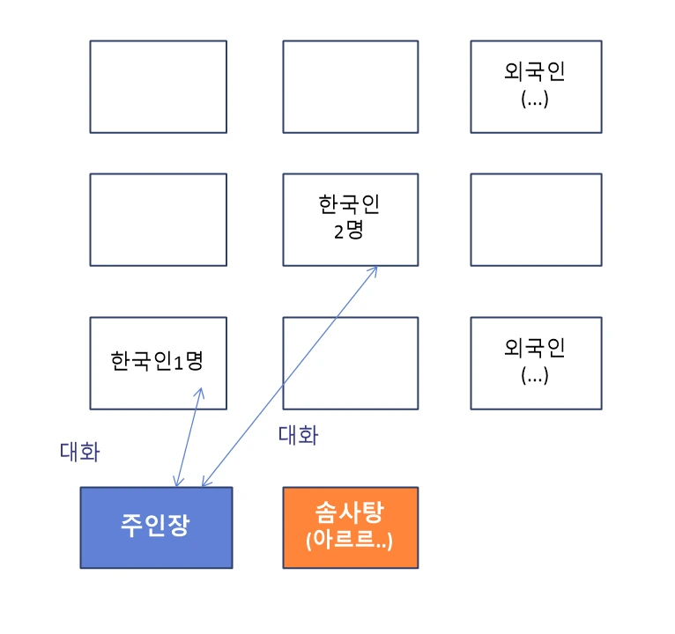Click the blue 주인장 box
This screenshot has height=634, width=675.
pos(156,527)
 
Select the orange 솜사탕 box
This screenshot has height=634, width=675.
pos(350,527)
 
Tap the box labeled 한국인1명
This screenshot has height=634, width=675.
pos(158,363)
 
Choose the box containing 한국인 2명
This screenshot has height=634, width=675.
pos(350,219)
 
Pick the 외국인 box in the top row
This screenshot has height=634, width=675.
pos(536,85)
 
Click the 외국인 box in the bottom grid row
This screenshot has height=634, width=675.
pos(536,363)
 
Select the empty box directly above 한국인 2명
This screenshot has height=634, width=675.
pos(350,85)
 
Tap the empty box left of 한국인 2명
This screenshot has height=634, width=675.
pos(158,219)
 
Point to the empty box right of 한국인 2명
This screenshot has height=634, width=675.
pos(536,219)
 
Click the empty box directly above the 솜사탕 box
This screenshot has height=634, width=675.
pos(350,363)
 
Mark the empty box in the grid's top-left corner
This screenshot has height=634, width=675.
pos(158,85)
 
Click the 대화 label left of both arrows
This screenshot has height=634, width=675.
pos(79,453)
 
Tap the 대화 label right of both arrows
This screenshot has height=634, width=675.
pos(298,435)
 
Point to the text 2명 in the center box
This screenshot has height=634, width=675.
pos(350,233)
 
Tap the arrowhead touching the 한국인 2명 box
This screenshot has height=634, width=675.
pos(375,269)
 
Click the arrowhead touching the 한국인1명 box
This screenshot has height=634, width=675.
pos(201,391)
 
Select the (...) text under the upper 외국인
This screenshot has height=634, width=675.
pos(535,99)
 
